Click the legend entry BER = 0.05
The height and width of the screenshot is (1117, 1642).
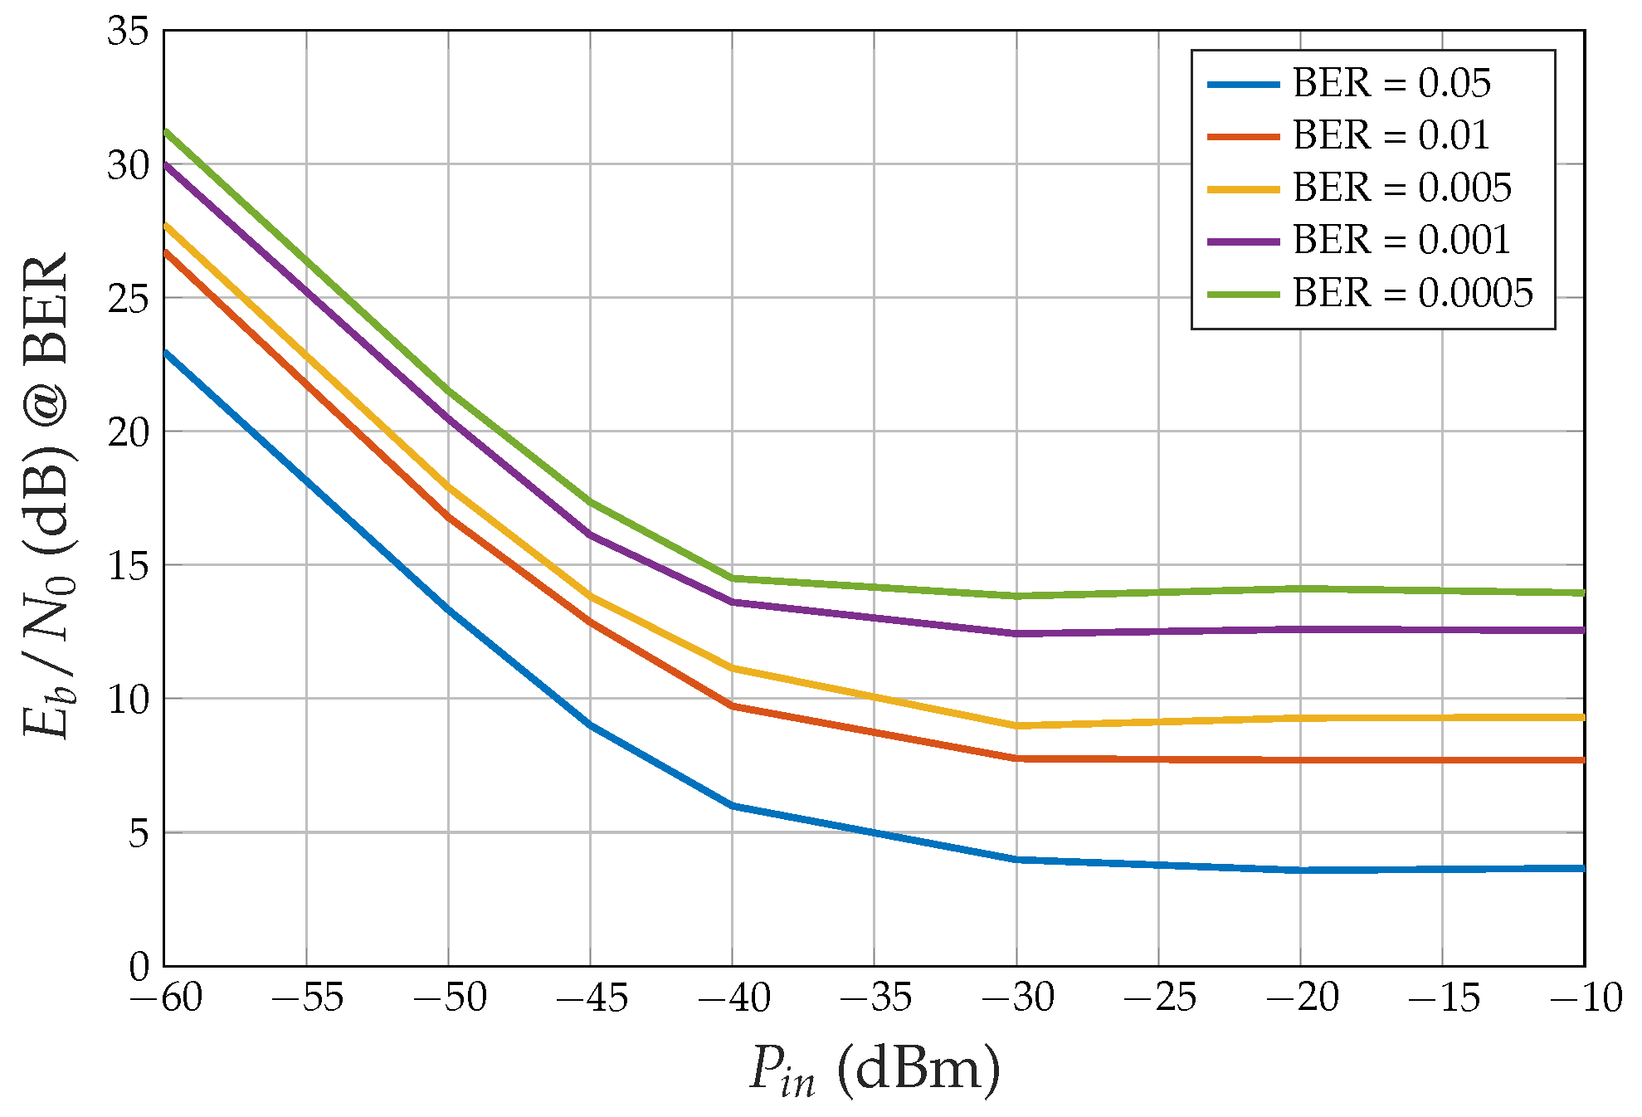coord(1391,83)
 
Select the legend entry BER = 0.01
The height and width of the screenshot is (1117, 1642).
coord(1391,135)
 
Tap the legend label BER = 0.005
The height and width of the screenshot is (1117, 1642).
coord(1401,188)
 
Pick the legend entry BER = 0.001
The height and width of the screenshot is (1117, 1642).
coord(1401,240)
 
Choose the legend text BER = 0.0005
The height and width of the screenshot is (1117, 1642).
coord(1412,293)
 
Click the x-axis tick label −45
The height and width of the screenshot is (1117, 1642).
coord(592,997)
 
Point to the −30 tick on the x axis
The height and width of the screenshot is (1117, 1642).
coord(1017,997)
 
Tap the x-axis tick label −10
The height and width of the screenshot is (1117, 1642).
coord(1586,997)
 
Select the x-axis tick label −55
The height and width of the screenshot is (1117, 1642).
coord(307,997)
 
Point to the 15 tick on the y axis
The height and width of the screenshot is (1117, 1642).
coord(128,566)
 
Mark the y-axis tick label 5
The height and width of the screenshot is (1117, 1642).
coord(139,833)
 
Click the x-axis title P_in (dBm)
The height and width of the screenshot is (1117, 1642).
coord(875,1071)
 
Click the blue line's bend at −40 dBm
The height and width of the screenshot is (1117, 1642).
coord(733,806)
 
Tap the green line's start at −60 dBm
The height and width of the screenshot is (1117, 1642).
coord(166,131)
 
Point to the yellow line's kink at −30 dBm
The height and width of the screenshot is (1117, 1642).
coord(1017,726)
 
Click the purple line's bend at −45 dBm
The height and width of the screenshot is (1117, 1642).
coord(591,534)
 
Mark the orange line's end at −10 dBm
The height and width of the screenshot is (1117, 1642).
coord(1583,760)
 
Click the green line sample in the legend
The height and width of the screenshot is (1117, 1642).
coord(1243,294)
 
